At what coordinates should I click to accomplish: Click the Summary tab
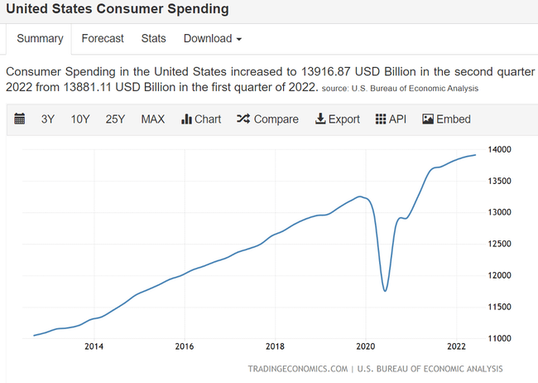pos(40,38)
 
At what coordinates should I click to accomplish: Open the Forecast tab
pos(103,38)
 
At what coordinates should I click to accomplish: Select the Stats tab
pos(153,38)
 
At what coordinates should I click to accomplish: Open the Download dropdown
pos(213,38)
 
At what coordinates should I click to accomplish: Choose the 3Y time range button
pos(48,119)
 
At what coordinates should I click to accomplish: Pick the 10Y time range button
pos(80,119)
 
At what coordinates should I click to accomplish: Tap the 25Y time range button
pos(115,119)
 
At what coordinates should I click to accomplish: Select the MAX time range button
pos(153,119)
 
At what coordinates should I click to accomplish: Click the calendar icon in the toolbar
pos(21,119)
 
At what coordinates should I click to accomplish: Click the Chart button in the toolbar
pos(201,119)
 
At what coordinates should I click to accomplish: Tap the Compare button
pos(267,119)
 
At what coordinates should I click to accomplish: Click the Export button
pos(337,119)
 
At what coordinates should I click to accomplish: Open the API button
pos(391,119)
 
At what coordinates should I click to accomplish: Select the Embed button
pos(446,119)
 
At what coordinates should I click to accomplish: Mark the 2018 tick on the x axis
pos(275,347)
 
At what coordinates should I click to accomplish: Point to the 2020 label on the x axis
pos(366,347)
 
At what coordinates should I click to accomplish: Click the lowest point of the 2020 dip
pos(385,290)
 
